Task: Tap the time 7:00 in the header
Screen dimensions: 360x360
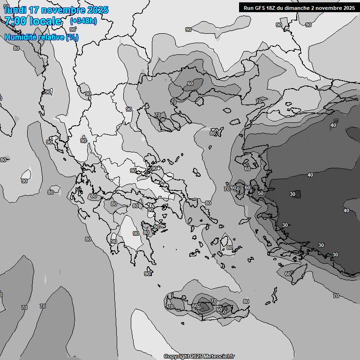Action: click(15, 21)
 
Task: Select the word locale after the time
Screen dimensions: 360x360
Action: click(45, 21)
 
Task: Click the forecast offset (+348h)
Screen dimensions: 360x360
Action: click(83, 21)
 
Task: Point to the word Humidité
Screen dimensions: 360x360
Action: click(21, 37)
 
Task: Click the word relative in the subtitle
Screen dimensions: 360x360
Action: click(51, 37)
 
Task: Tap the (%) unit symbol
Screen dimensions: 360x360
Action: click(72, 37)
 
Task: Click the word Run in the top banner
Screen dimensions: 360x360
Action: click(249, 7)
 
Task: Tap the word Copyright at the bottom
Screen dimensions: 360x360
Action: click(177, 356)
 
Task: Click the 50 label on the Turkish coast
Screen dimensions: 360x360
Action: click(261, 193)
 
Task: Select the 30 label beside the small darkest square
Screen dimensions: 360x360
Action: click(292, 194)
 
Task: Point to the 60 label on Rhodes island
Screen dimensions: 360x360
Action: click(288, 274)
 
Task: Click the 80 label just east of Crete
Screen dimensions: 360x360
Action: click(246, 301)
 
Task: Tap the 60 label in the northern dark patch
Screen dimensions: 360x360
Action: click(190, 84)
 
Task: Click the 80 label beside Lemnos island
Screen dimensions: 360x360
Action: click(213, 133)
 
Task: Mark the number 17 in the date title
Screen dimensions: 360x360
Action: click(34, 10)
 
